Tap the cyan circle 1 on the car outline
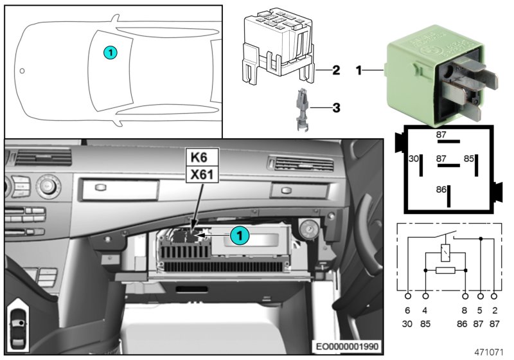coord(110,52)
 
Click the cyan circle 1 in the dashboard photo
coord(238,236)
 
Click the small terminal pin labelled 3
coord(301,111)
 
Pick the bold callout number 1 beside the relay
coord(359,69)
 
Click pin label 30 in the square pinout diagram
coord(414,158)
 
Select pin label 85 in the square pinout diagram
coord(469,158)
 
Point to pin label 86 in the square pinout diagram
coord(441,191)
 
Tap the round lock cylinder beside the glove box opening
coord(308,228)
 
